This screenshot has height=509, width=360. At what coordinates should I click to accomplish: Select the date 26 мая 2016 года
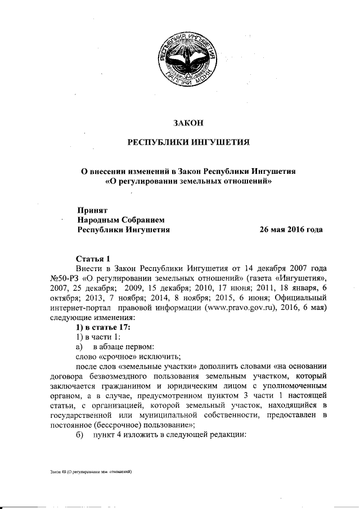tap(291, 229)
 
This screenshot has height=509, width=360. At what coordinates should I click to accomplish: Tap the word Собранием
tap(143, 219)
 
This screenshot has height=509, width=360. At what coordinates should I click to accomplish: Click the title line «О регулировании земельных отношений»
tap(189, 181)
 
